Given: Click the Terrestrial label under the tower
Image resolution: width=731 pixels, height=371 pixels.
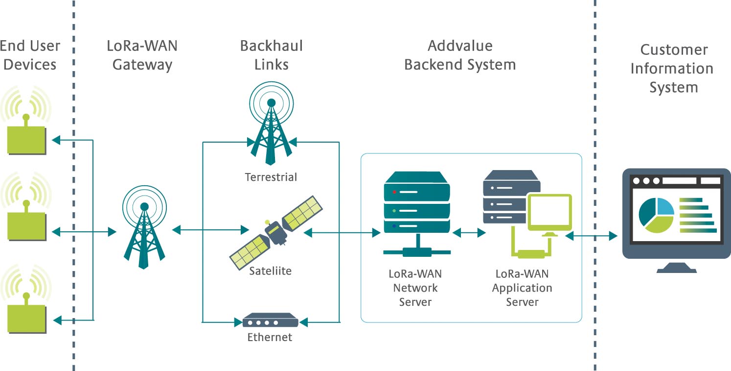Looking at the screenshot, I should (x=271, y=177).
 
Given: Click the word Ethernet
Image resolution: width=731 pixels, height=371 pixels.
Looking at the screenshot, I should (x=270, y=337).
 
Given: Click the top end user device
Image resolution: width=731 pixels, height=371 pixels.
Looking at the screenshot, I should (x=26, y=140).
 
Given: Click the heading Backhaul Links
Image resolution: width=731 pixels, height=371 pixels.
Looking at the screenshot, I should (x=271, y=55).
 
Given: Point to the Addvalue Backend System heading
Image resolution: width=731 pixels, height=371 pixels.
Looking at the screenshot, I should (x=460, y=55).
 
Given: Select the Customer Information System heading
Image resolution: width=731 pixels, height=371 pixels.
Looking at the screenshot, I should (x=673, y=69).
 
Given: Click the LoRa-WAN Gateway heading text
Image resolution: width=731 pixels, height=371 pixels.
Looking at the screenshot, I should (x=142, y=55).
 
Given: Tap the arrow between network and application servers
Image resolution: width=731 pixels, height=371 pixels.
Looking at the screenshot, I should (x=469, y=233).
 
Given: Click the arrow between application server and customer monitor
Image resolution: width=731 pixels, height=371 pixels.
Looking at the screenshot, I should (x=591, y=236).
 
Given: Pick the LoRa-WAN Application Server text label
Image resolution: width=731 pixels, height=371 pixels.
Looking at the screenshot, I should (x=522, y=288).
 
